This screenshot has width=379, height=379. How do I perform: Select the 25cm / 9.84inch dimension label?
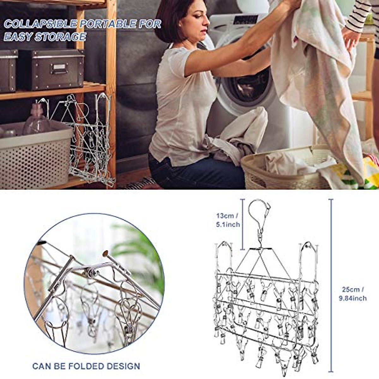(x=353, y=294)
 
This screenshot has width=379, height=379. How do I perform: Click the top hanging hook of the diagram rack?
(x=259, y=212)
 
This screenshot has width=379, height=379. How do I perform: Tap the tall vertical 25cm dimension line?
(x=331, y=284)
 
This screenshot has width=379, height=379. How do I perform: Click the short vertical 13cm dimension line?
(x=243, y=224)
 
